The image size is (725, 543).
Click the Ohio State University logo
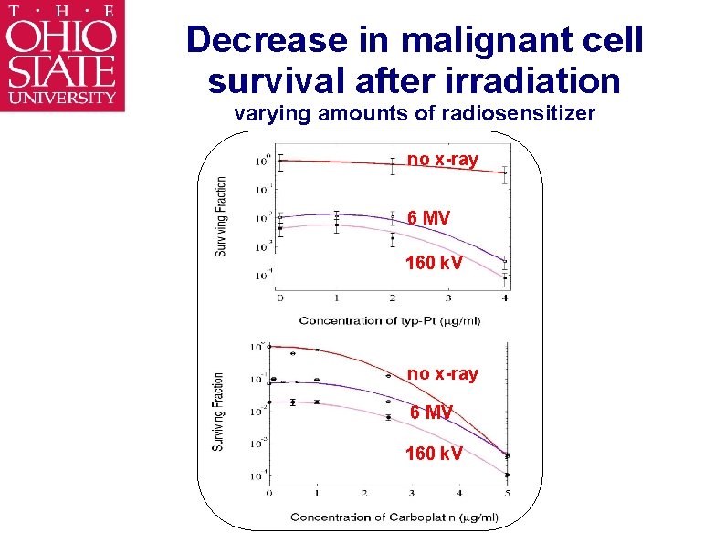tap(62, 56)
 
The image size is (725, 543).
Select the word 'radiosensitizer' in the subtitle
tap(519, 114)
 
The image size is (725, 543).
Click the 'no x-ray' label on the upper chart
tap(443, 160)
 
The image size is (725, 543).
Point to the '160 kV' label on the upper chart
tap(434, 265)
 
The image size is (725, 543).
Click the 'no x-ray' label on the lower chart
tap(443, 374)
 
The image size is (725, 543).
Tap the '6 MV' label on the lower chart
tap(430, 412)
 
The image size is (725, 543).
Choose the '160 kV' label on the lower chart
tap(434, 453)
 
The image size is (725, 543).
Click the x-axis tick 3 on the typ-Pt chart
tap(448, 298)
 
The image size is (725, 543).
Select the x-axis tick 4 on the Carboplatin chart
tap(460, 493)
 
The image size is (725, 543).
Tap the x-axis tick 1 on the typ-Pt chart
tap(336, 298)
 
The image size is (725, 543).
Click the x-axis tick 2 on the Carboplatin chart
tap(364, 493)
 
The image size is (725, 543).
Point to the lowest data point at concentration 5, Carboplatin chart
tap(507, 475)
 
